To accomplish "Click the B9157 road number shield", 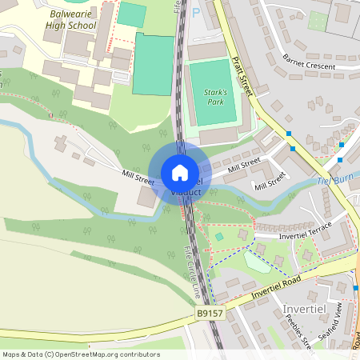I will (210, 314).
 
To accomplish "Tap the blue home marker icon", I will (180, 172).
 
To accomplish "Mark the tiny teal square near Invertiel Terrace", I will (219, 237).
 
